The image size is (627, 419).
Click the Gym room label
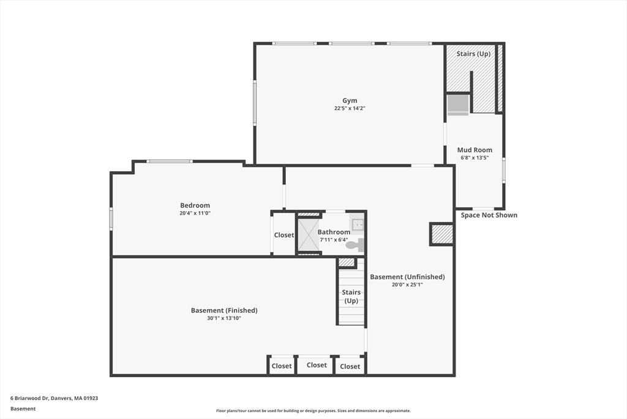(x=350, y=101)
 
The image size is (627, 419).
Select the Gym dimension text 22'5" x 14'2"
(x=350, y=108)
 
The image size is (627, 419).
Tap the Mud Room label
(x=475, y=150)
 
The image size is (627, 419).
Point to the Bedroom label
(x=195, y=206)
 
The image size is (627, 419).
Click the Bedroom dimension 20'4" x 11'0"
(x=195, y=213)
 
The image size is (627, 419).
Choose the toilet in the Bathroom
(x=355, y=245)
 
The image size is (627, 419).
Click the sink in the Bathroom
(x=357, y=225)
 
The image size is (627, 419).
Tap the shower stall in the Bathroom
(x=309, y=235)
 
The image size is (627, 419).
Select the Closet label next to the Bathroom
(x=284, y=235)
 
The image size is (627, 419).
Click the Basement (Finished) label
(x=224, y=310)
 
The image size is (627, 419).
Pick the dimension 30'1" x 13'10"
(x=224, y=318)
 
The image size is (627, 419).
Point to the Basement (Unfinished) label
(x=407, y=277)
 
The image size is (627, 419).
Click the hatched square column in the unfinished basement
(x=442, y=234)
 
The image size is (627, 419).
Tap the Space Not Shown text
(x=489, y=215)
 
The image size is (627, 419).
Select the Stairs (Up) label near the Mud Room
(x=473, y=53)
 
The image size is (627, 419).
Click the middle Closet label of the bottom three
(x=317, y=365)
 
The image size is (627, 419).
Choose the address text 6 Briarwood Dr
(x=29, y=398)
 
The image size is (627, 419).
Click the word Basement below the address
(x=23, y=409)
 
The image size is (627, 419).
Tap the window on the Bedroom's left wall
(x=111, y=219)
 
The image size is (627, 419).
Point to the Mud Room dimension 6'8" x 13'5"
(x=475, y=158)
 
